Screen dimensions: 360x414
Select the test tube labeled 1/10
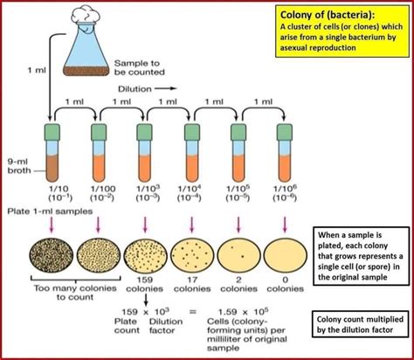pos(50,157)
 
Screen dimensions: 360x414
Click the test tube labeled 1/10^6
pos(283,157)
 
